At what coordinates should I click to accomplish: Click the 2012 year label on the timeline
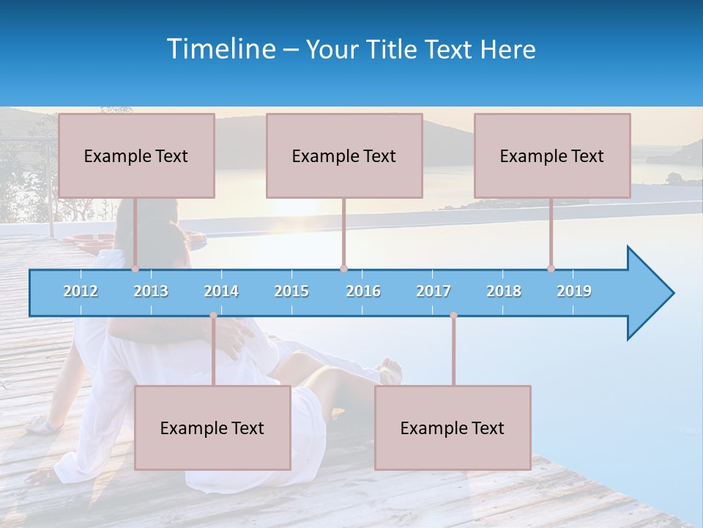81,291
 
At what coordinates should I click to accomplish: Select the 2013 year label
151,291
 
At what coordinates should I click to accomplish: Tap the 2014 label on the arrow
221,291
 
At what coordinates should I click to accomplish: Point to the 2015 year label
291,291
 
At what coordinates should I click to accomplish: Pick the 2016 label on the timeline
363,291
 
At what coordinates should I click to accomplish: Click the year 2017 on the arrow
434,291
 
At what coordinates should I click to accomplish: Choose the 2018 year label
504,291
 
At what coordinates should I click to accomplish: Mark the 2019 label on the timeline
574,291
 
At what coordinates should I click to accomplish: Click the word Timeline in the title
220,49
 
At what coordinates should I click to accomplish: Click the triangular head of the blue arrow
649,293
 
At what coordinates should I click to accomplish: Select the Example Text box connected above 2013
136,155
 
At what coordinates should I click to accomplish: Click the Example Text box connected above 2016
344,155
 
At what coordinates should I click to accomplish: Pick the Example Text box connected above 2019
552,155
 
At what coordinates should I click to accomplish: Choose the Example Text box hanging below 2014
212,428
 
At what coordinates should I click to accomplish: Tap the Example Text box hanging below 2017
453,428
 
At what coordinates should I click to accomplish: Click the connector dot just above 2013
135,269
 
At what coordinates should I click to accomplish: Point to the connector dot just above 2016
343,269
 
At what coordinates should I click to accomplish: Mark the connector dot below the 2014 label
213,315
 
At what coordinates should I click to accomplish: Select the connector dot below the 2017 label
453,315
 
